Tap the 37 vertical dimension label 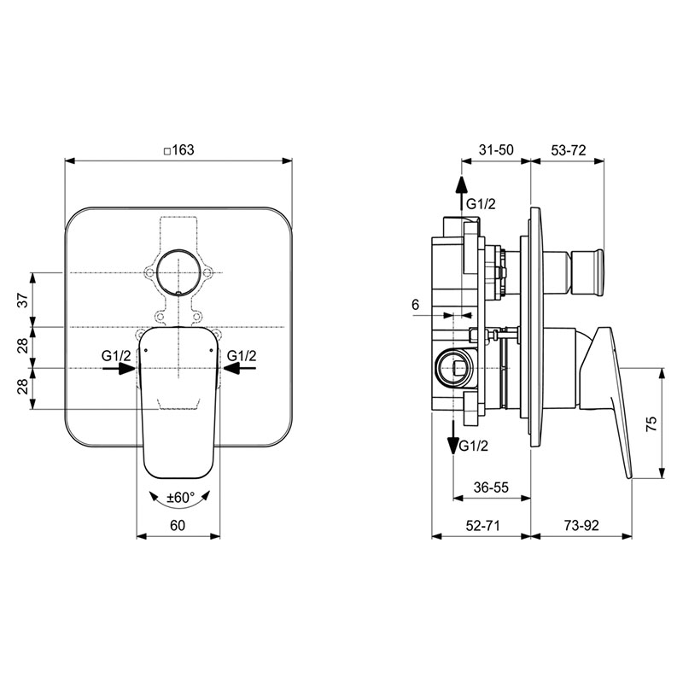[23, 300]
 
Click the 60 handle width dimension [178, 525]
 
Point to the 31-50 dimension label [496, 150]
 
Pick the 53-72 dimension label [569, 150]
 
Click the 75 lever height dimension [651, 423]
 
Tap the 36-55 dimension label [491, 487]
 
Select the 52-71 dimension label [483, 526]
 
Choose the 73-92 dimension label [581, 526]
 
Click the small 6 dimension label [415, 305]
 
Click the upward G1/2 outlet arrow [461, 196]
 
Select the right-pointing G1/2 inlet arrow [119, 369]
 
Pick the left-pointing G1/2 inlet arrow [240, 369]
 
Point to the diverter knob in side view [587, 272]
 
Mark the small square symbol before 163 [166, 152]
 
